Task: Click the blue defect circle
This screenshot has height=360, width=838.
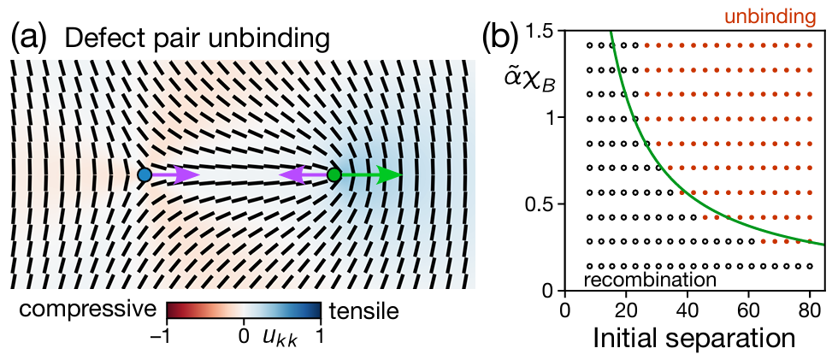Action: (x=145, y=175)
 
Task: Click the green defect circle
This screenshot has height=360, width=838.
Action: (x=334, y=175)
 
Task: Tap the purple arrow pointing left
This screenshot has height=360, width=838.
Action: (x=303, y=175)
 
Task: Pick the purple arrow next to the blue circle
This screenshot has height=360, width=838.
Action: (x=175, y=175)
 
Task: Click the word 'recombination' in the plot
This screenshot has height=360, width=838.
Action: (x=650, y=280)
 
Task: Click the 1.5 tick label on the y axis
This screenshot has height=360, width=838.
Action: (x=539, y=31)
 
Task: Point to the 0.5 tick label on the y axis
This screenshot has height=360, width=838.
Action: (x=539, y=204)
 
